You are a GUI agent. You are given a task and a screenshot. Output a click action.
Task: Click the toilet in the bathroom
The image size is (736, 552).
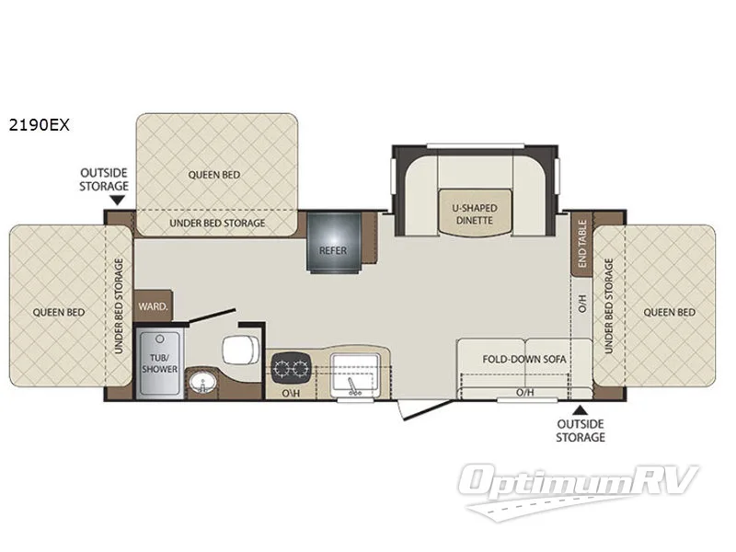[240, 350]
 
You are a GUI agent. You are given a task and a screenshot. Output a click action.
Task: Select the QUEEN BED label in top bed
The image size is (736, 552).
[217, 174]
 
